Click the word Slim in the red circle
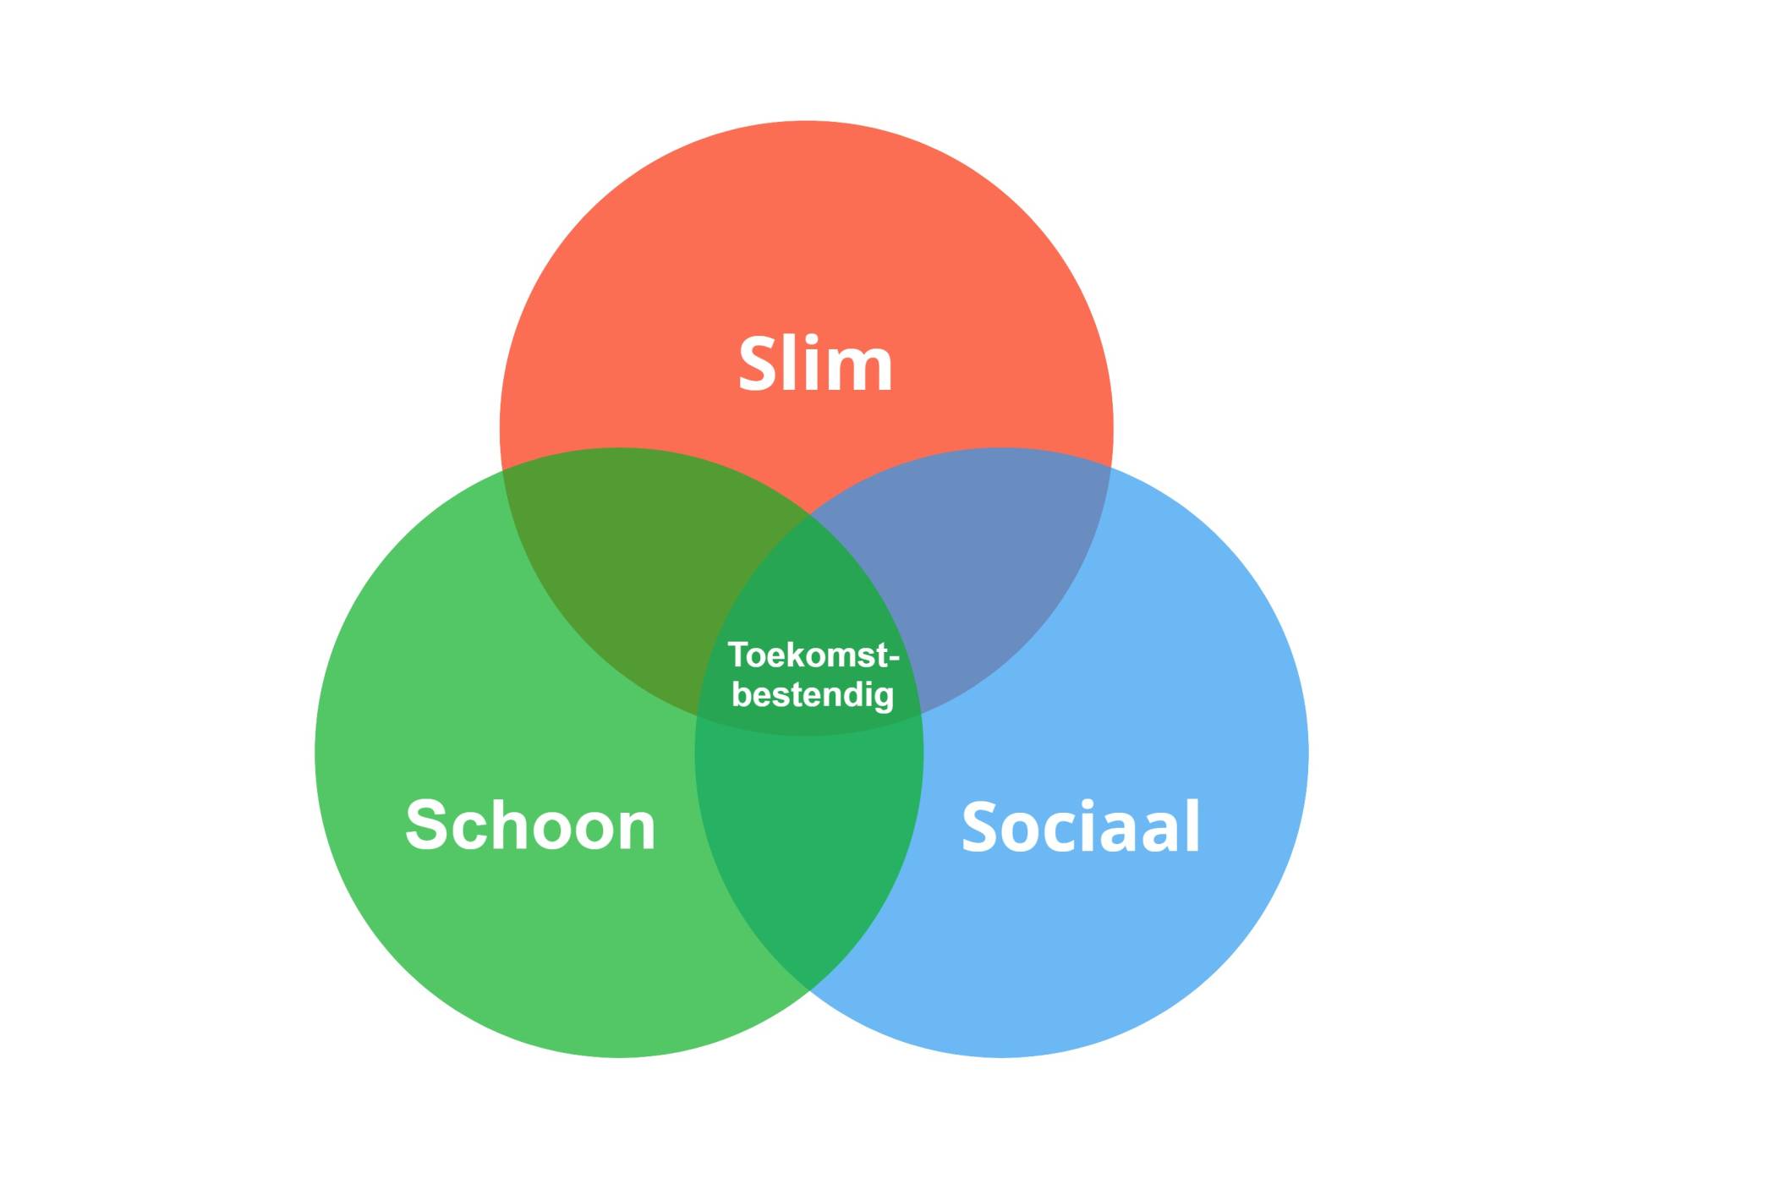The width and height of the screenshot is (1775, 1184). click(x=815, y=364)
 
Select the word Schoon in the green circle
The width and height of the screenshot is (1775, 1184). click(x=530, y=825)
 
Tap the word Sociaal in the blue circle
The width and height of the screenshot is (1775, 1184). click(x=1081, y=826)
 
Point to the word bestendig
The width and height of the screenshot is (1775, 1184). click(x=813, y=695)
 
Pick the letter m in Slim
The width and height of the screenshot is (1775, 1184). click(x=861, y=372)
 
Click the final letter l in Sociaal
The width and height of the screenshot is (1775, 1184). click(x=1193, y=825)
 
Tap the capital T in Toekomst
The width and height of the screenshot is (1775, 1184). click(x=738, y=655)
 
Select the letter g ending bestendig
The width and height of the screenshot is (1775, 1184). click(x=883, y=699)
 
